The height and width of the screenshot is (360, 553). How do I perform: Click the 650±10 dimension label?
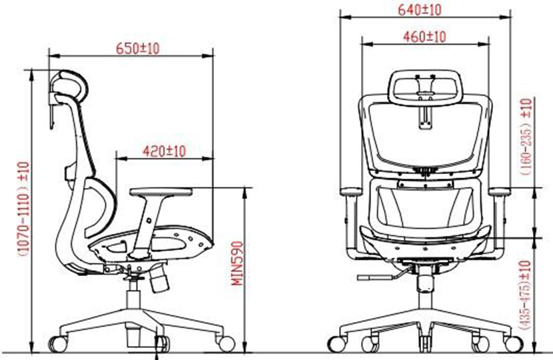click(137, 49)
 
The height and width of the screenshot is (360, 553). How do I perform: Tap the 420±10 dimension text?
click(164, 151)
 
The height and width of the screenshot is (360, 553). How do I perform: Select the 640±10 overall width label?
click(419, 10)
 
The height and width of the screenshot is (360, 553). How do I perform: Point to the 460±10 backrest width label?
click(424, 37)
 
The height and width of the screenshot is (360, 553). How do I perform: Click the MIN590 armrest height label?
click(237, 263)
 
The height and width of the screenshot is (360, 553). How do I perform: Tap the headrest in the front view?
click(425, 87)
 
